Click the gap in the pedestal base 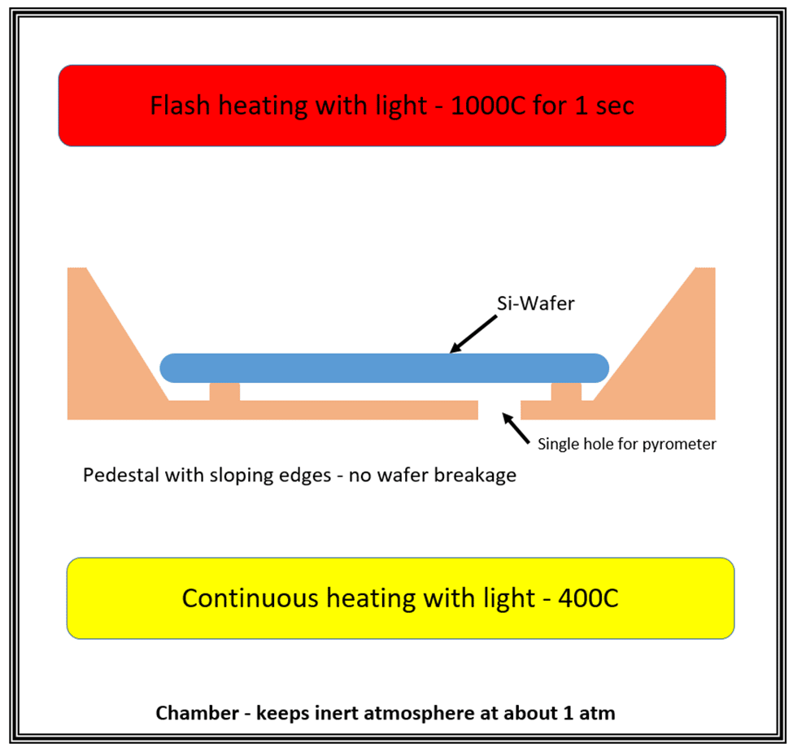[x=499, y=410]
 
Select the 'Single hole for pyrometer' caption [x=626, y=445]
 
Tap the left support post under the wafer [x=224, y=392]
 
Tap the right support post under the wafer [x=566, y=392]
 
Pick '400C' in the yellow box [x=588, y=598]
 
